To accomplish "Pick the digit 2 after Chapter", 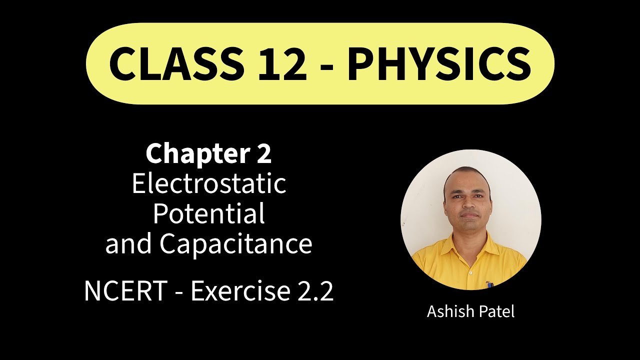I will coord(263,154).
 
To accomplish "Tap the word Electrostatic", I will coord(208,183).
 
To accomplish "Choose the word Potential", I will coord(208,213).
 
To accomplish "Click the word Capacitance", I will coord(235,244).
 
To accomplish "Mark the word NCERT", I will coord(125,291).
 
